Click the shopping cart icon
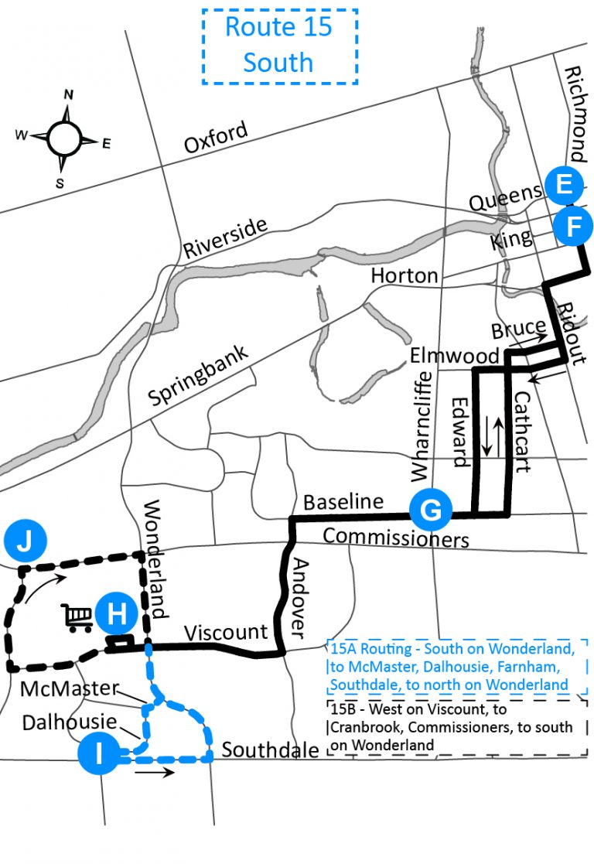[77, 617]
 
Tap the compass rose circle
[64, 138]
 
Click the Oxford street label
[217, 138]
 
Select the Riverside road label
[225, 237]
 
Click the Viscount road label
[226, 632]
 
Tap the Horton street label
[404, 275]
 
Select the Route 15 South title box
[279, 46]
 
